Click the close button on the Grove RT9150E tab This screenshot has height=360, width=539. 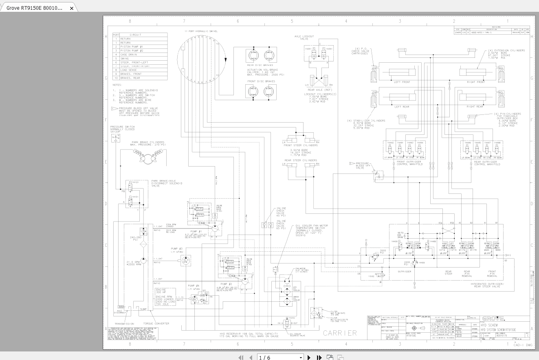point(72,8)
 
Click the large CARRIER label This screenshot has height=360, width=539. point(340,333)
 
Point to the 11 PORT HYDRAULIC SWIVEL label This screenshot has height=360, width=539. point(201,31)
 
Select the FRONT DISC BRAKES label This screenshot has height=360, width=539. point(261,81)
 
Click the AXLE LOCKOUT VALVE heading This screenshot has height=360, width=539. point(304,37)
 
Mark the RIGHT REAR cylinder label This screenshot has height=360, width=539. point(475,107)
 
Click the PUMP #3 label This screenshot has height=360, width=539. point(177,248)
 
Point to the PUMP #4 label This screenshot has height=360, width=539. point(194,286)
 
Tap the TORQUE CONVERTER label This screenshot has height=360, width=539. point(157,324)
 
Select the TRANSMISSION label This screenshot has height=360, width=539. point(124,324)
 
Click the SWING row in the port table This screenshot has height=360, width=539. point(125,59)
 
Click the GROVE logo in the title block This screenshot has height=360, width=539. point(493,319)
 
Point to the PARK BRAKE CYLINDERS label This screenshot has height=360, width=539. point(148,143)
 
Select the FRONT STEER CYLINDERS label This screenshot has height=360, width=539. point(301,145)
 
